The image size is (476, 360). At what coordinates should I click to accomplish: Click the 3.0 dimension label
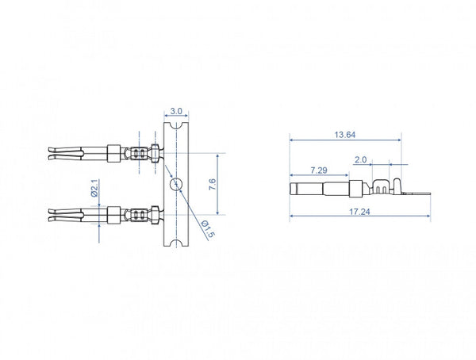[x=176, y=111]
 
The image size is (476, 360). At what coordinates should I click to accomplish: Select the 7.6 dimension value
[x=212, y=185]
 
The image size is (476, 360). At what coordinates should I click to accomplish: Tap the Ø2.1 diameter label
[x=94, y=188]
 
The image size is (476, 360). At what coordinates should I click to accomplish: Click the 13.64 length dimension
[x=345, y=135]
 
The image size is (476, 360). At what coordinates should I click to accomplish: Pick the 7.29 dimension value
[x=319, y=170]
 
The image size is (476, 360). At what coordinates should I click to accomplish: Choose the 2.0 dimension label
[x=361, y=159]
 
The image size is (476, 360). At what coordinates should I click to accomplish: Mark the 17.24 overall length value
[x=359, y=212]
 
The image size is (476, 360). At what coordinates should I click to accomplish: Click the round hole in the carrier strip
[x=176, y=184]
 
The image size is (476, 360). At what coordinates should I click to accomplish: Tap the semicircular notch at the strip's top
[x=176, y=125]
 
